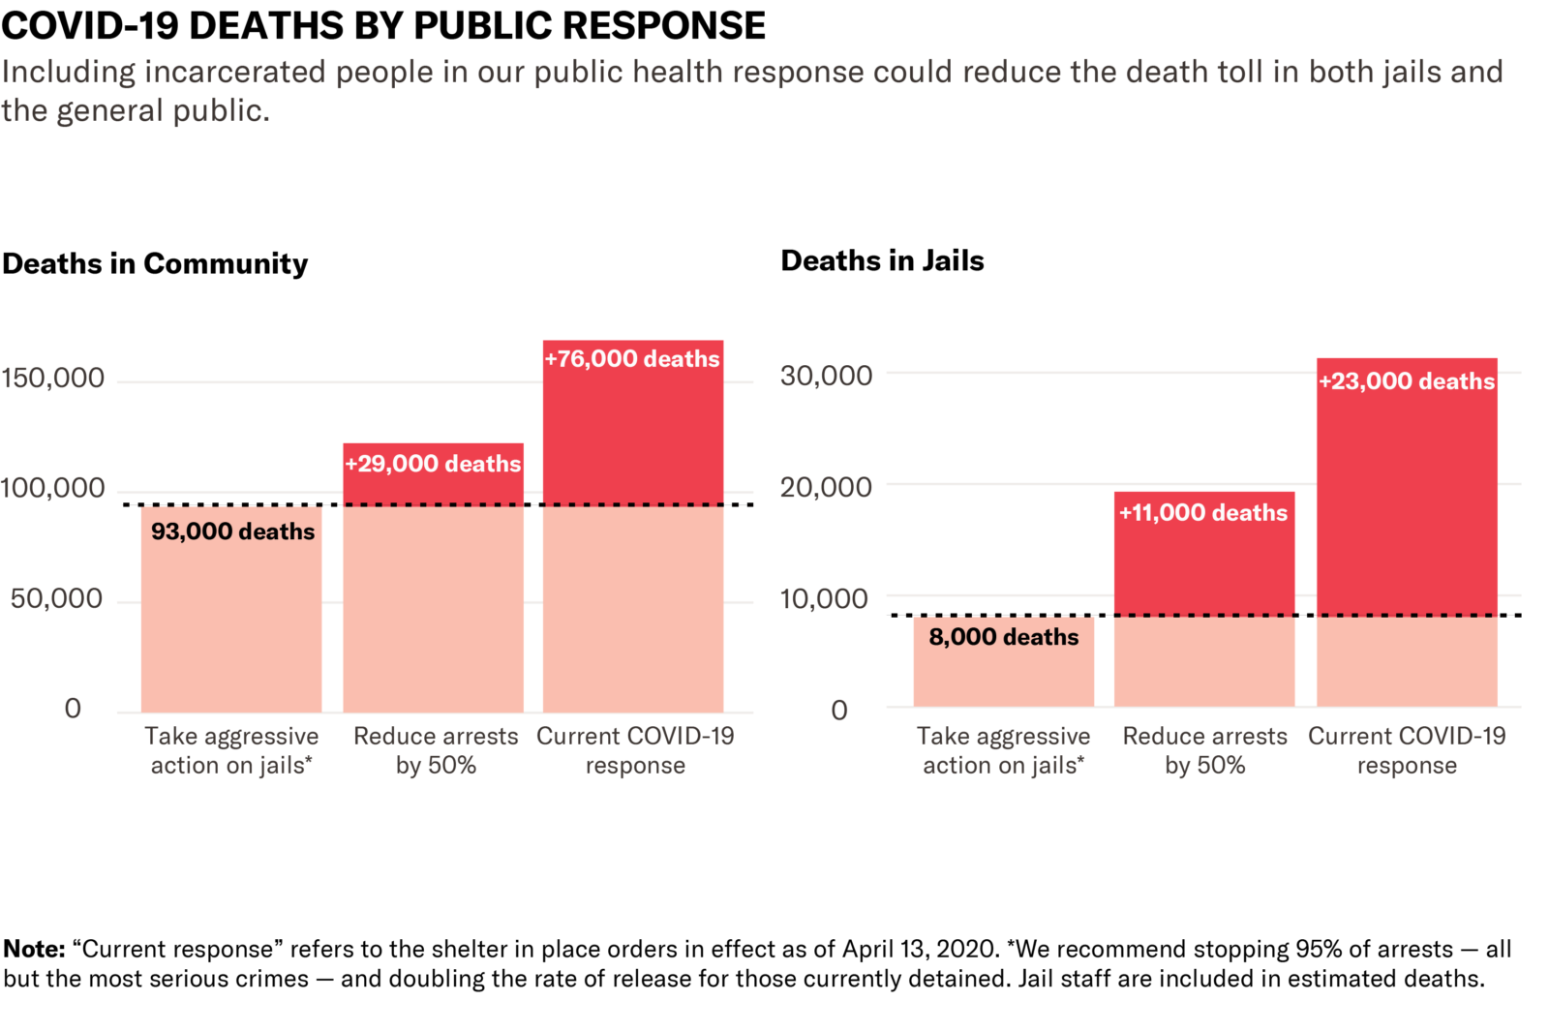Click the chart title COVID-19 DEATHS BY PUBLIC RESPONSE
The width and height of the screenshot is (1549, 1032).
[x=383, y=25]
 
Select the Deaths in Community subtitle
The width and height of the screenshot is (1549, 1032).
[x=155, y=263]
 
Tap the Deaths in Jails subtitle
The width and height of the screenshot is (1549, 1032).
[x=882, y=260]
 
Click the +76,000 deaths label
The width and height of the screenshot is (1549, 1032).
[x=632, y=359]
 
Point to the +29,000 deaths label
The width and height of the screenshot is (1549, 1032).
[x=433, y=464]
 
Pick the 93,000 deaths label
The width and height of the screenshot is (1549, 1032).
[x=232, y=531]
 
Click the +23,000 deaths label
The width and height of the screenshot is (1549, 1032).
[x=1407, y=381]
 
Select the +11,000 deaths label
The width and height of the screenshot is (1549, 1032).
[x=1203, y=513]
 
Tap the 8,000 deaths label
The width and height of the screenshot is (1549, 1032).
[x=1003, y=637]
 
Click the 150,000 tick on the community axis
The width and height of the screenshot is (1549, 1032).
[x=53, y=379]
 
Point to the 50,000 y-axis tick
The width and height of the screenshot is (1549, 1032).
[x=56, y=599]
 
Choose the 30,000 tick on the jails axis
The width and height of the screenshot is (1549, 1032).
[x=826, y=376]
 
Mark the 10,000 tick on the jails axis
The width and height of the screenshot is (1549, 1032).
[x=824, y=599]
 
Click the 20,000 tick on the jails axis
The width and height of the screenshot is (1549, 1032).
[x=826, y=487]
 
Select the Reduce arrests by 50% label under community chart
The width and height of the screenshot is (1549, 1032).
[x=436, y=750]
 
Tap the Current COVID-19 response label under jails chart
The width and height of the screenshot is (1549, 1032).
[x=1407, y=750]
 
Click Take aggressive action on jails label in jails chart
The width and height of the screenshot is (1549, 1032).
[x=1003, y=750]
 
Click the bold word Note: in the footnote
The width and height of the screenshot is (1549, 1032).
[x=34, y=949]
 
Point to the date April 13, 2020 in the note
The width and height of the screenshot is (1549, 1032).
[x=920, y=949]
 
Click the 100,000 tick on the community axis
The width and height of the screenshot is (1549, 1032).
[x=53, y=488]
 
